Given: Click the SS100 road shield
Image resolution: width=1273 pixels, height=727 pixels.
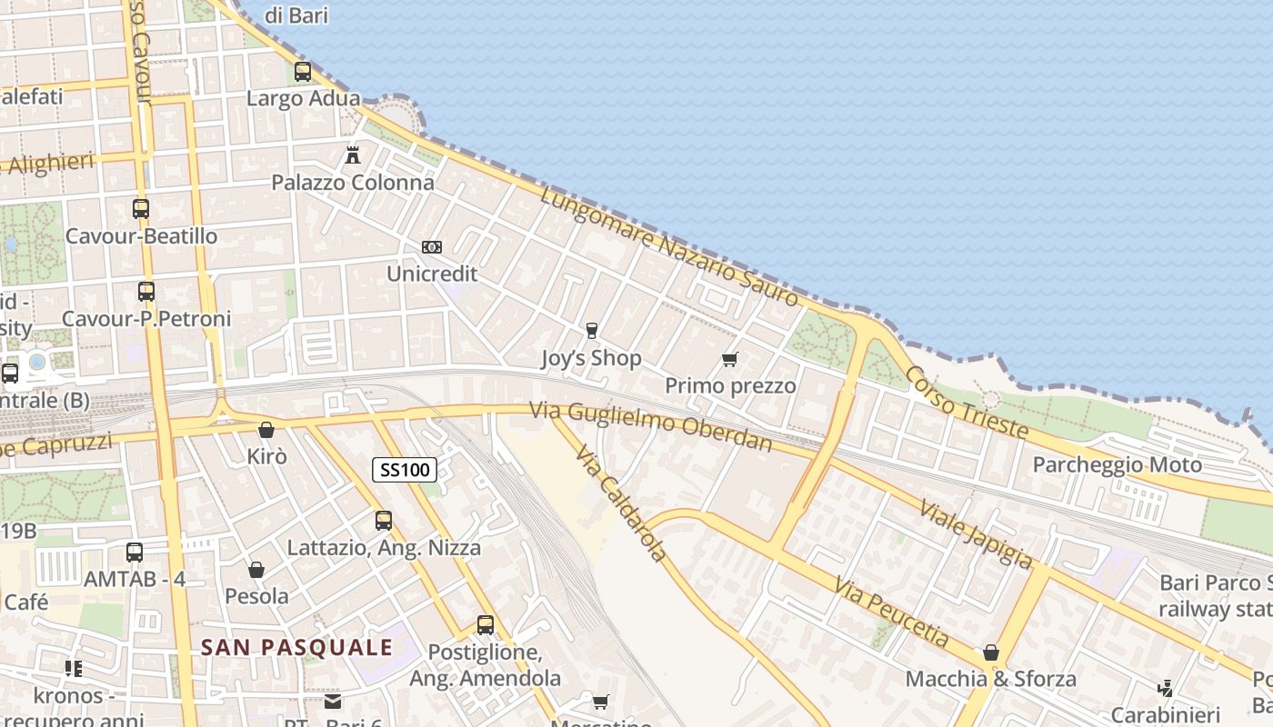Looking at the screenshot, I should tap(405, 470).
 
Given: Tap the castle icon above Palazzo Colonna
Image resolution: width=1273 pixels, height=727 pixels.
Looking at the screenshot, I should tap(353, 154).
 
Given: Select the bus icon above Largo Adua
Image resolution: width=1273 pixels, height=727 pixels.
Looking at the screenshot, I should tap(303, 71).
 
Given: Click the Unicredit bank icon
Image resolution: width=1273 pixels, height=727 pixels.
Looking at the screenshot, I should tap(432, 247).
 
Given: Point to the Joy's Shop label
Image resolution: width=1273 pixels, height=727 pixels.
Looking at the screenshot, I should tap(591, 358).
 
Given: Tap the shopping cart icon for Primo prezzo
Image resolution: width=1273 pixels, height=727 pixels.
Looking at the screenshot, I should tap(729, 359).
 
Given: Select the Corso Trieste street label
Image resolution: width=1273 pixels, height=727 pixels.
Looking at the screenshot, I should tap(967, 403).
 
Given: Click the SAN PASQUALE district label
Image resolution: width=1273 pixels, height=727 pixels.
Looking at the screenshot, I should tap(296, 648).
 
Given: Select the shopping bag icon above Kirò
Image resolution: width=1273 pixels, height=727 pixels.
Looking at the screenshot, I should tap(266, 429).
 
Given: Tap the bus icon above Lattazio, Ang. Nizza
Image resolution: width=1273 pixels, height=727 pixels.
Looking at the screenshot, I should tap(384, 521).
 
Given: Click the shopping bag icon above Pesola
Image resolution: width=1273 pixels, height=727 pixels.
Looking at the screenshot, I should tap(256, 570).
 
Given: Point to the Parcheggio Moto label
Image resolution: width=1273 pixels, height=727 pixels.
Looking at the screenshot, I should tap(1117, 465).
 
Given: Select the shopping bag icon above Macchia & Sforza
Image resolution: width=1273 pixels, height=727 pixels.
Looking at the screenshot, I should tap(991, 652).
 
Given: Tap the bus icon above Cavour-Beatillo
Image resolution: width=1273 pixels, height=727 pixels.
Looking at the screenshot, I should tap(141, 208).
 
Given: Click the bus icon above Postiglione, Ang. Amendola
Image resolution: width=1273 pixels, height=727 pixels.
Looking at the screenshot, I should tap(486, 625).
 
